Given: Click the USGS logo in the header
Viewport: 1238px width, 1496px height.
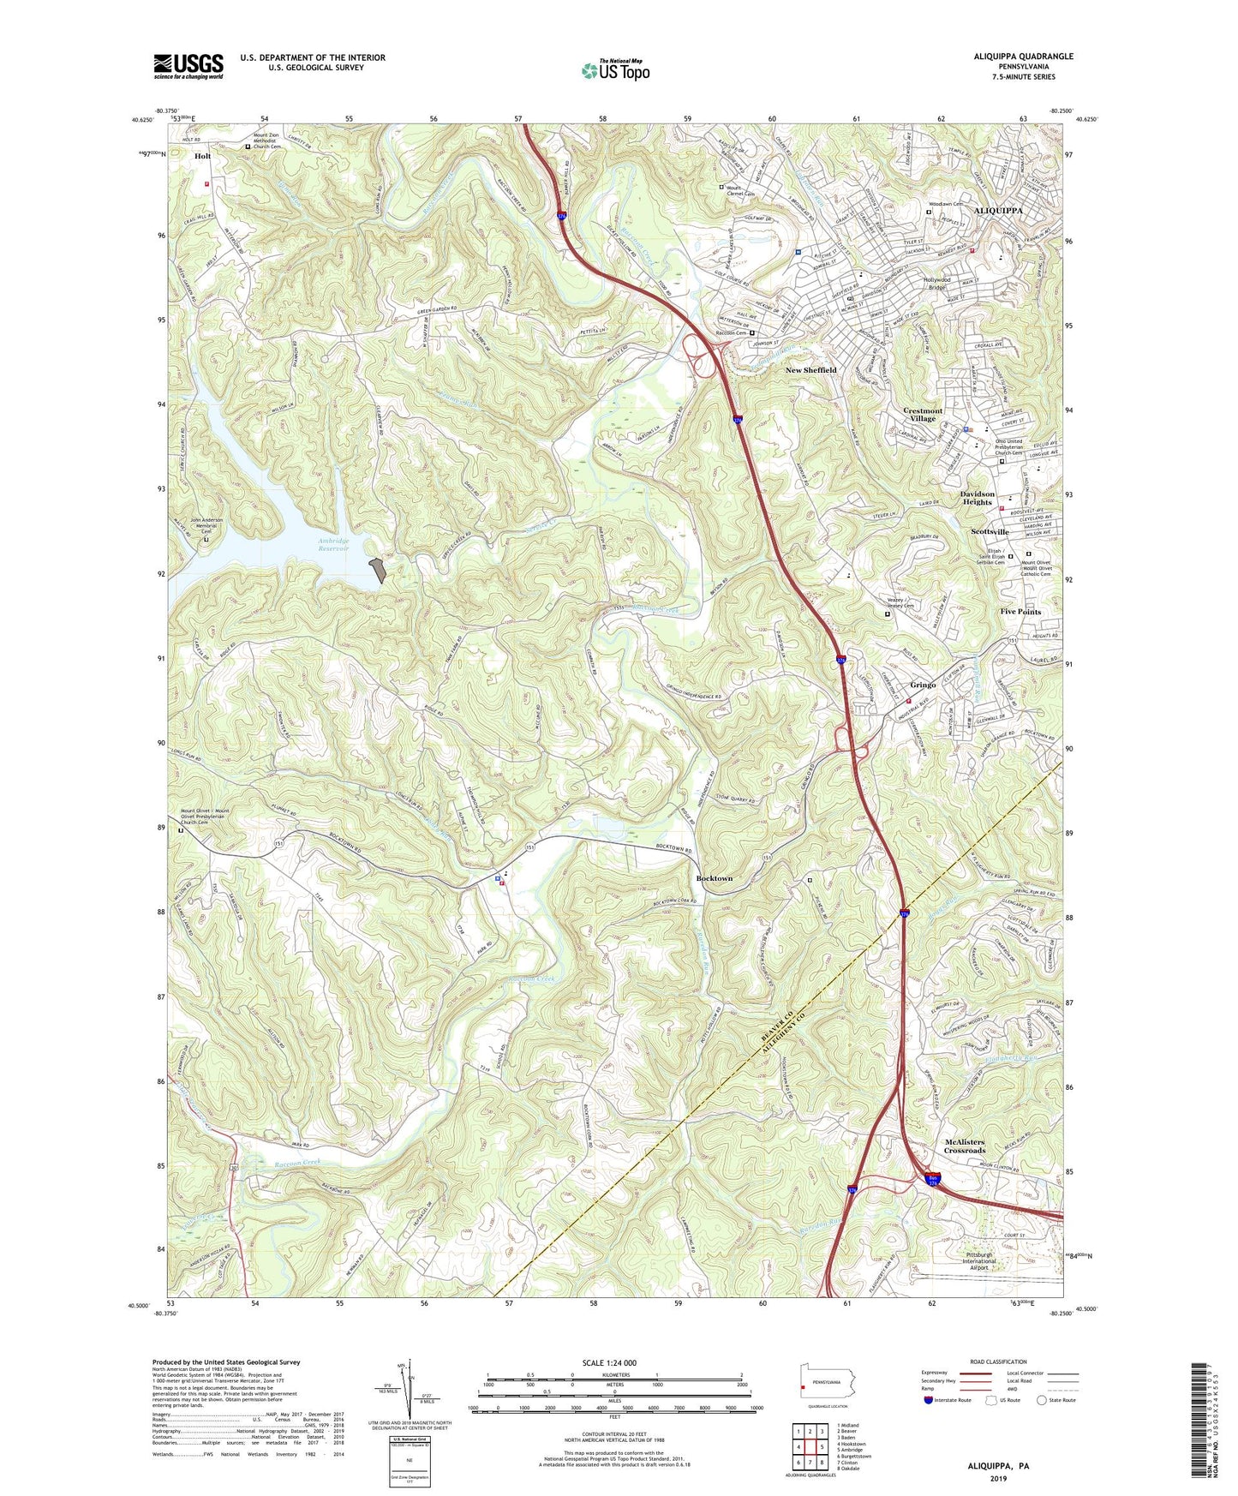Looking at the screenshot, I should pos(188,66).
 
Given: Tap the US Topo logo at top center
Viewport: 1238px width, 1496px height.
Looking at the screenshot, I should pos(615,70).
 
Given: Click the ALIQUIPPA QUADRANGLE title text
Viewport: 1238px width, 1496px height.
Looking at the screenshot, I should pos(1023,57).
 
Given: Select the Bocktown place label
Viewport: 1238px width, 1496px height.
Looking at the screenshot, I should pos(715,879).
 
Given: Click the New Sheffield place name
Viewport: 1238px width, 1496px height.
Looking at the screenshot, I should pos(810,370).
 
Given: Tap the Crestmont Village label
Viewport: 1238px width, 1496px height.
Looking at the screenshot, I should pos(923,415).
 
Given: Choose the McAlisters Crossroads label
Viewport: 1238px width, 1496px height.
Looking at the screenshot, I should pos(964,1146).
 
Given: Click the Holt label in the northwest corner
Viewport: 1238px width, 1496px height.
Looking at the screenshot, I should pos(202,157).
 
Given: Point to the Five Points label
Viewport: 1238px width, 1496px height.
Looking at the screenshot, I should pos(1020,612).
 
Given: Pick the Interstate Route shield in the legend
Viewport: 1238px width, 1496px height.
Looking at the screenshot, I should pos(929,1401).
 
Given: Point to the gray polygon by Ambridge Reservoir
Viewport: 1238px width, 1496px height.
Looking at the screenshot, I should pos(377,571).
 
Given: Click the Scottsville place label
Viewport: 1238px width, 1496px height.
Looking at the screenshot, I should pos(990,532).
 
